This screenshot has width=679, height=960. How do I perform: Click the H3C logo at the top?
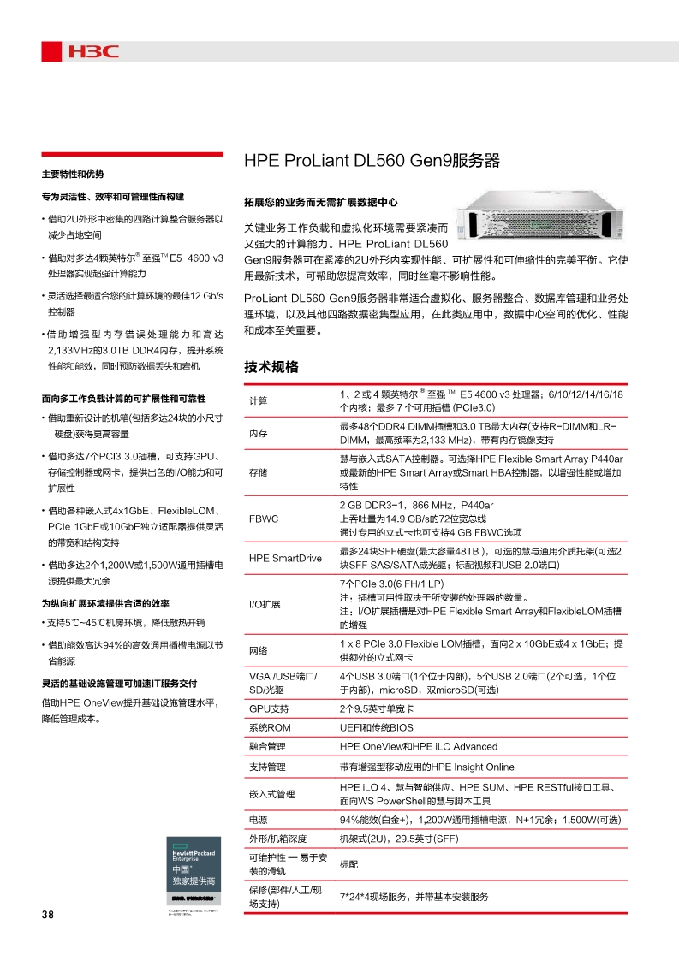coord(81,52)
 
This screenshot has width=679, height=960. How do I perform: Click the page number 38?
coord(47,915)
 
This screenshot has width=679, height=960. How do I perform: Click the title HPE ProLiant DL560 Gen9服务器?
coord(372,162)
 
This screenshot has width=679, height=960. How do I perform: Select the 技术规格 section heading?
coord(271,367)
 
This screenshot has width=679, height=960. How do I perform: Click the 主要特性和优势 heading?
coord(73,175)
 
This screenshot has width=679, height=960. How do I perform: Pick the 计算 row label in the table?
coord(258,400)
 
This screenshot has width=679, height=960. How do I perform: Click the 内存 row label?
coord(258,433)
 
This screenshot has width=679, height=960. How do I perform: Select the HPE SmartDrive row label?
coord(285,558)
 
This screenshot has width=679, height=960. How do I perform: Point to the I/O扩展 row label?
coord(265,604)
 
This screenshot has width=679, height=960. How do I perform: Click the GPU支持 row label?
coord(269,709)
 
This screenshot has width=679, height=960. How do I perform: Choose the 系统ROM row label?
coord(270,728)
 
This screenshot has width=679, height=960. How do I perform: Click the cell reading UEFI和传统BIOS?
coord(376,728)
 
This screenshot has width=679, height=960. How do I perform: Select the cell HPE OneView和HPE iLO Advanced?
coord(418,747)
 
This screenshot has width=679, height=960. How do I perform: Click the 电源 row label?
coord(258,820)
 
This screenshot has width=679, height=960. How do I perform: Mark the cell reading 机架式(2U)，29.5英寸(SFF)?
coord(399,839)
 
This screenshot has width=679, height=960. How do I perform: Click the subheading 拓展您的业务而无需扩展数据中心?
coord(321,203)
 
